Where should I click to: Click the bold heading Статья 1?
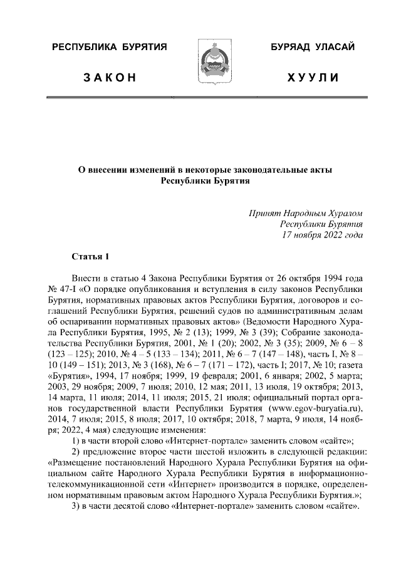(x=91, y=257)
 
